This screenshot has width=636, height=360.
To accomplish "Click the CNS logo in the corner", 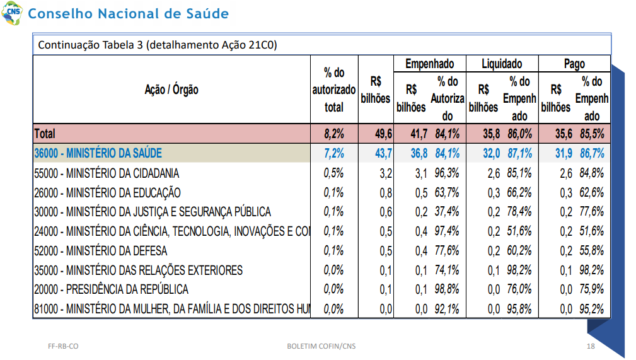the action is [x=12, y=13].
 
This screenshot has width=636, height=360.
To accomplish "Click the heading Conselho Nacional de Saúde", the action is [x=128, y=13].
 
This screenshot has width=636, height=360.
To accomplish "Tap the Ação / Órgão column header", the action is [x=171, y=90].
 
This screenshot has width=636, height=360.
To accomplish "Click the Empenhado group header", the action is [x=429, y=64].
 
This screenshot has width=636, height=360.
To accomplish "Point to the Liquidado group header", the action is [x=502, y=64].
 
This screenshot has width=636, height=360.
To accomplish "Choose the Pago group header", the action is [x=574, y=64].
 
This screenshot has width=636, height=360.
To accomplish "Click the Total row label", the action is [x=45, y=134].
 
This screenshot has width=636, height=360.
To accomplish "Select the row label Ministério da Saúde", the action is [x=98, y=153].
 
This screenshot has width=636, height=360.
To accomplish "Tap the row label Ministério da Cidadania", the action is [x=107, y=173].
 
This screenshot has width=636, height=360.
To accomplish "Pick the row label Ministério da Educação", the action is [x=108, y=192].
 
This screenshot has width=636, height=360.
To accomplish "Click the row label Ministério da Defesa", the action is [x=101, y=251].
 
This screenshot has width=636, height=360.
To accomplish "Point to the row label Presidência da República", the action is [x=111, y=289].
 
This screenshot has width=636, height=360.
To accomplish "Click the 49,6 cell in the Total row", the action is [x=384, y=134].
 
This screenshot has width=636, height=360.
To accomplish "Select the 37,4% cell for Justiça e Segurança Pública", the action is [x=447, y=211].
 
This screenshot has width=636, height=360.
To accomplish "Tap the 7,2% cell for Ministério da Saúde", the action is [x=334, y=153].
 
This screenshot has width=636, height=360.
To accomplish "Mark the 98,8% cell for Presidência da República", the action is [x=447, y=289].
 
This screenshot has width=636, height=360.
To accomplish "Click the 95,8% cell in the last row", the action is [x=519, y=309].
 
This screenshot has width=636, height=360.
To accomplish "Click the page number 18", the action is [x=591, y=346].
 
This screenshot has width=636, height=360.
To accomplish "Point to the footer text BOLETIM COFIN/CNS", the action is [x=321, y=346].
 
